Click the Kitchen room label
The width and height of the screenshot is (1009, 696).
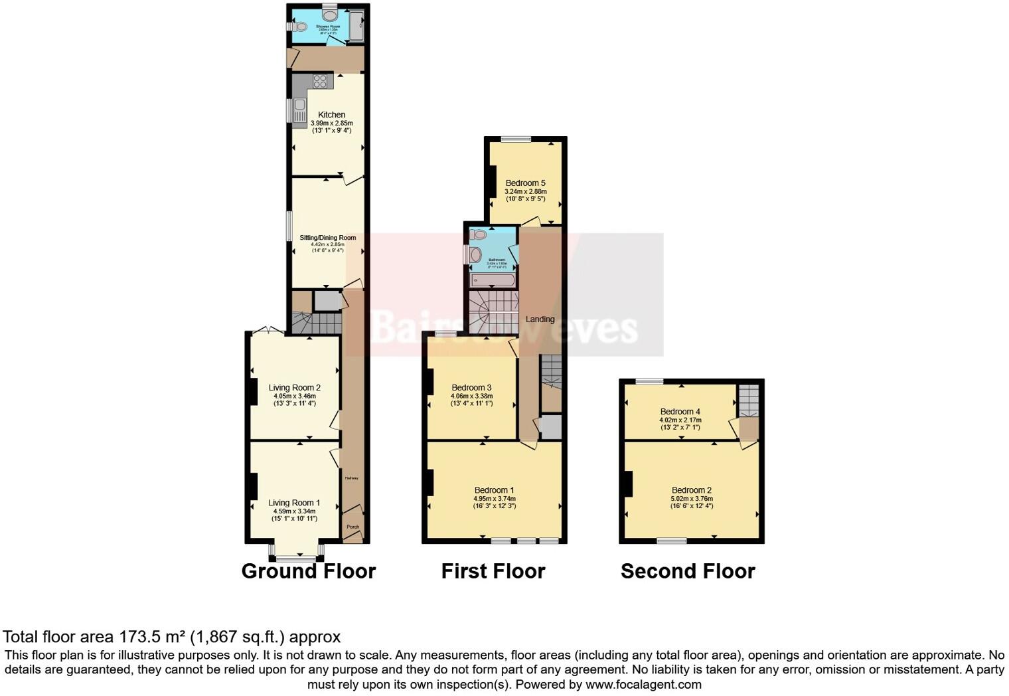(331, 114)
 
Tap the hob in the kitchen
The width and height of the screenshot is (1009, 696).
(320, 81)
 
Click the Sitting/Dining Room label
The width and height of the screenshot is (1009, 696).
(327, 238)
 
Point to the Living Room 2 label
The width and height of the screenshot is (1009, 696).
(294, 388)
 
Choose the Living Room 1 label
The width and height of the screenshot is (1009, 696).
(294, 503)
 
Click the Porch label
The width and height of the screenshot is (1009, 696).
(353, 527)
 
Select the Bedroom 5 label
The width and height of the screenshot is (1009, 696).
(525, 183)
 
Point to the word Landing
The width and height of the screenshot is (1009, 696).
(540, 319)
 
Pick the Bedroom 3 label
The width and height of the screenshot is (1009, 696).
(471, 388)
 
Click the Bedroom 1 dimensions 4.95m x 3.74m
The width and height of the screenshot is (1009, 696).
(495, 499)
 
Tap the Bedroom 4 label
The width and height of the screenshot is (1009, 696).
(680, 412)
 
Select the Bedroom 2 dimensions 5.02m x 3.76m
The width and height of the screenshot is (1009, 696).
(692, 499)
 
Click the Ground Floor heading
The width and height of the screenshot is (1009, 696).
(309, 571)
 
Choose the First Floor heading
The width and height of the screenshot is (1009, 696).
(493, 571)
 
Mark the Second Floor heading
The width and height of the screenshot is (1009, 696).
(688, 571)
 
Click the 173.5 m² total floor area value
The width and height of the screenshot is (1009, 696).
(152, 637)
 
